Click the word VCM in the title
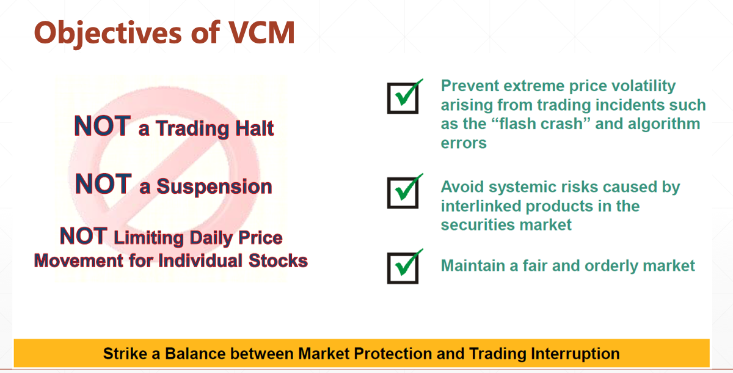(262, 32)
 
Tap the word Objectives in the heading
(108, 34)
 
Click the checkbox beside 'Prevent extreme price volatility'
(403, 98)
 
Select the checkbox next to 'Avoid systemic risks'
(403, 193)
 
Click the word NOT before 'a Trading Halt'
(103, 126)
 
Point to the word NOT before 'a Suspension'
(103, 184)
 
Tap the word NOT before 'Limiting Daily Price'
(84, 236)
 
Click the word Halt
(255, 128)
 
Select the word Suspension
(214, 186)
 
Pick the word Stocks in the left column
(278, 260)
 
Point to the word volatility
(644, 86)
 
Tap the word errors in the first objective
(464, 143)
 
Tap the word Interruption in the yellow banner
(575, 354)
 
